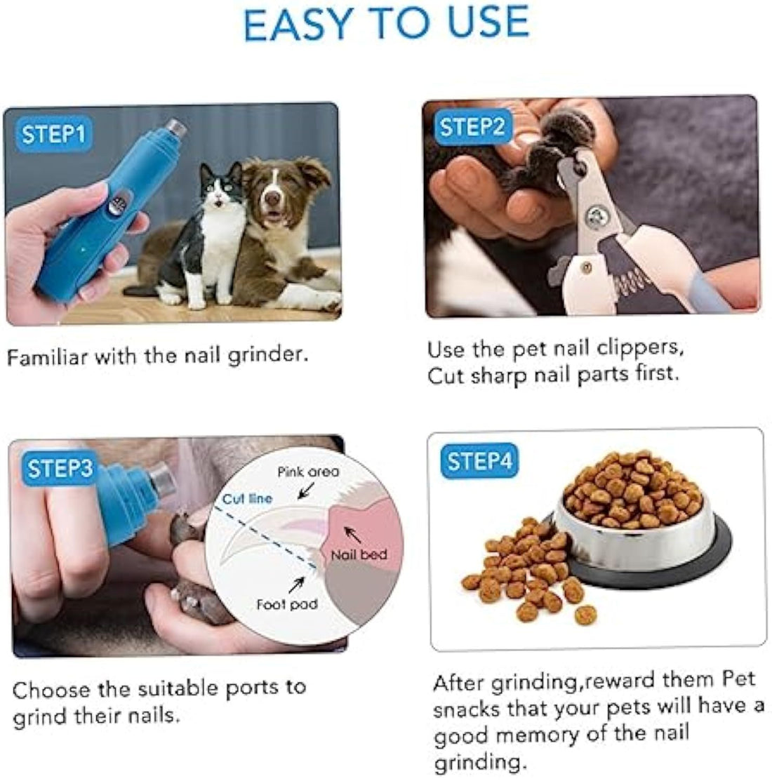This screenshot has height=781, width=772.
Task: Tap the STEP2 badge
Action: coord(472,127)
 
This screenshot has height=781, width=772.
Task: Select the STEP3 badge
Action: coord(60,468)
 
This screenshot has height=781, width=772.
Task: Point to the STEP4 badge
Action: coord(480,461)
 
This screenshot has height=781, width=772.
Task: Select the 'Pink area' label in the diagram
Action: coord(307,472)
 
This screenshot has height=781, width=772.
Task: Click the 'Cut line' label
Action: coord(247,499)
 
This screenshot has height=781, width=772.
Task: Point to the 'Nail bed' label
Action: coord(359,555)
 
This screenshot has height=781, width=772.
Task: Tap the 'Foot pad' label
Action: coord(286,603)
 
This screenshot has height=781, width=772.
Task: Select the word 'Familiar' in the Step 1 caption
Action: coord(48,356)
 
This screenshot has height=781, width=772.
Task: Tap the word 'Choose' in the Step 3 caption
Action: coord(51,690)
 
